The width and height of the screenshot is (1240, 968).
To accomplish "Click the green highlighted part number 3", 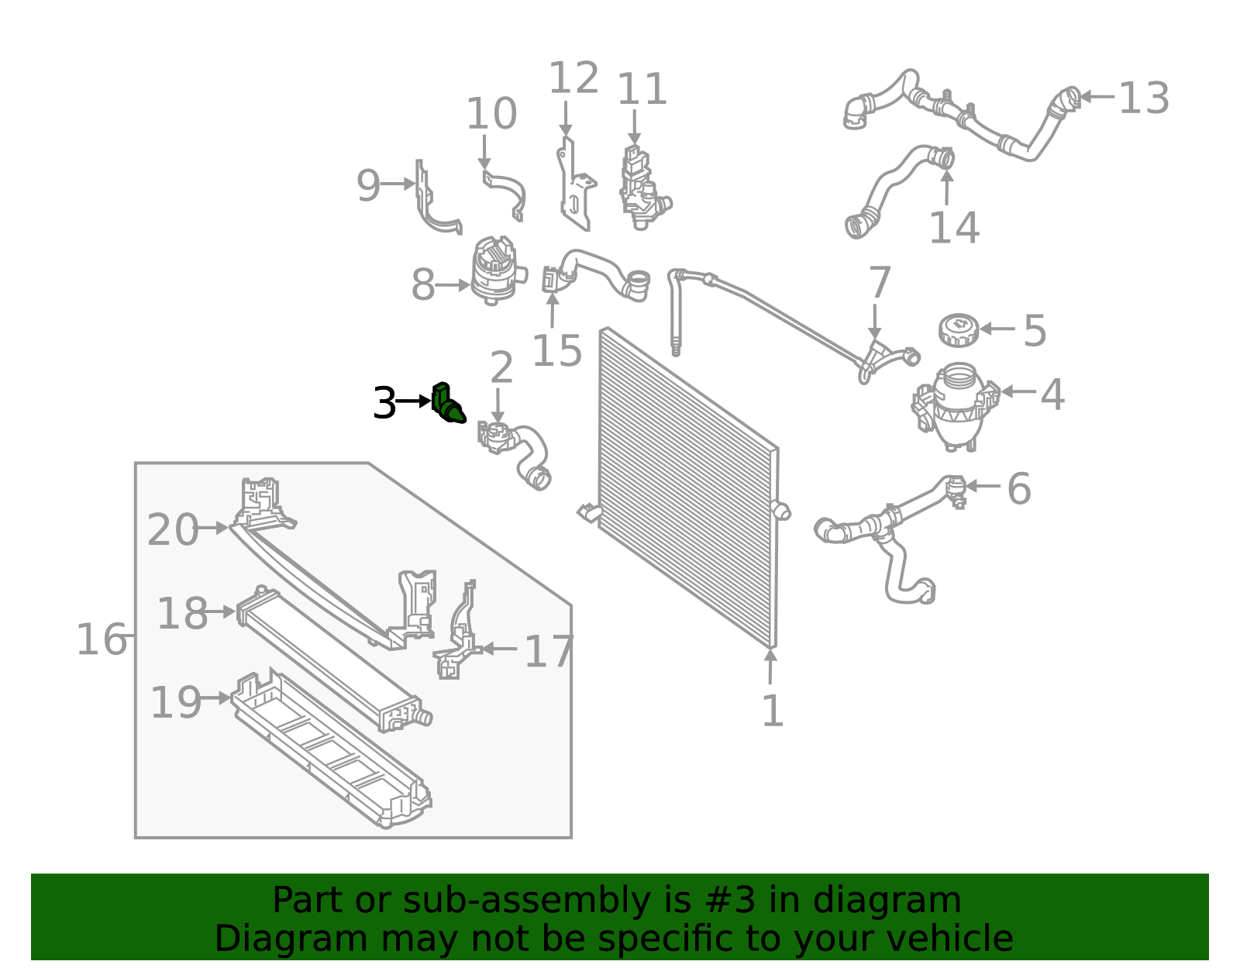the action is pyautogui.click(x=448, y=404).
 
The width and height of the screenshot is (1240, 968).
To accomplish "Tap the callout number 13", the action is pyautogui.click(x=1144, y=98).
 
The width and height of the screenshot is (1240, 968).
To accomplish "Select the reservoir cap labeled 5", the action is pyautogui.click(x=959, y=329).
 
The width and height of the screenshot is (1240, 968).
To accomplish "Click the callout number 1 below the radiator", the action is pyautogui.click(x=773, y=711).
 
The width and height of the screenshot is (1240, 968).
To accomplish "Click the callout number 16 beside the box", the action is pyautogui.click(x=101, y=639).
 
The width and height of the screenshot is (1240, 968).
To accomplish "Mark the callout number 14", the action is pyautogui.click(x=954, y=228).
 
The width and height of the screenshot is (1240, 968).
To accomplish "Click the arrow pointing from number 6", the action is pyautogui.click(x=983, y=486).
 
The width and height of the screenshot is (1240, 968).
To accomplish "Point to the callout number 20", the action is pyautogui.click(x=172, y=530).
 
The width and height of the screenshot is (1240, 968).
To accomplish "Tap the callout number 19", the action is pyautogui.click(x=176, y=702).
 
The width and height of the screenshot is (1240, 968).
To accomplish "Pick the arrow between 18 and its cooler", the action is pyautogui.click(x=220, y=611).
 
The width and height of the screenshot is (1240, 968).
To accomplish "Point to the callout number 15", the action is pyautogui.click(x=556, y=350).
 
